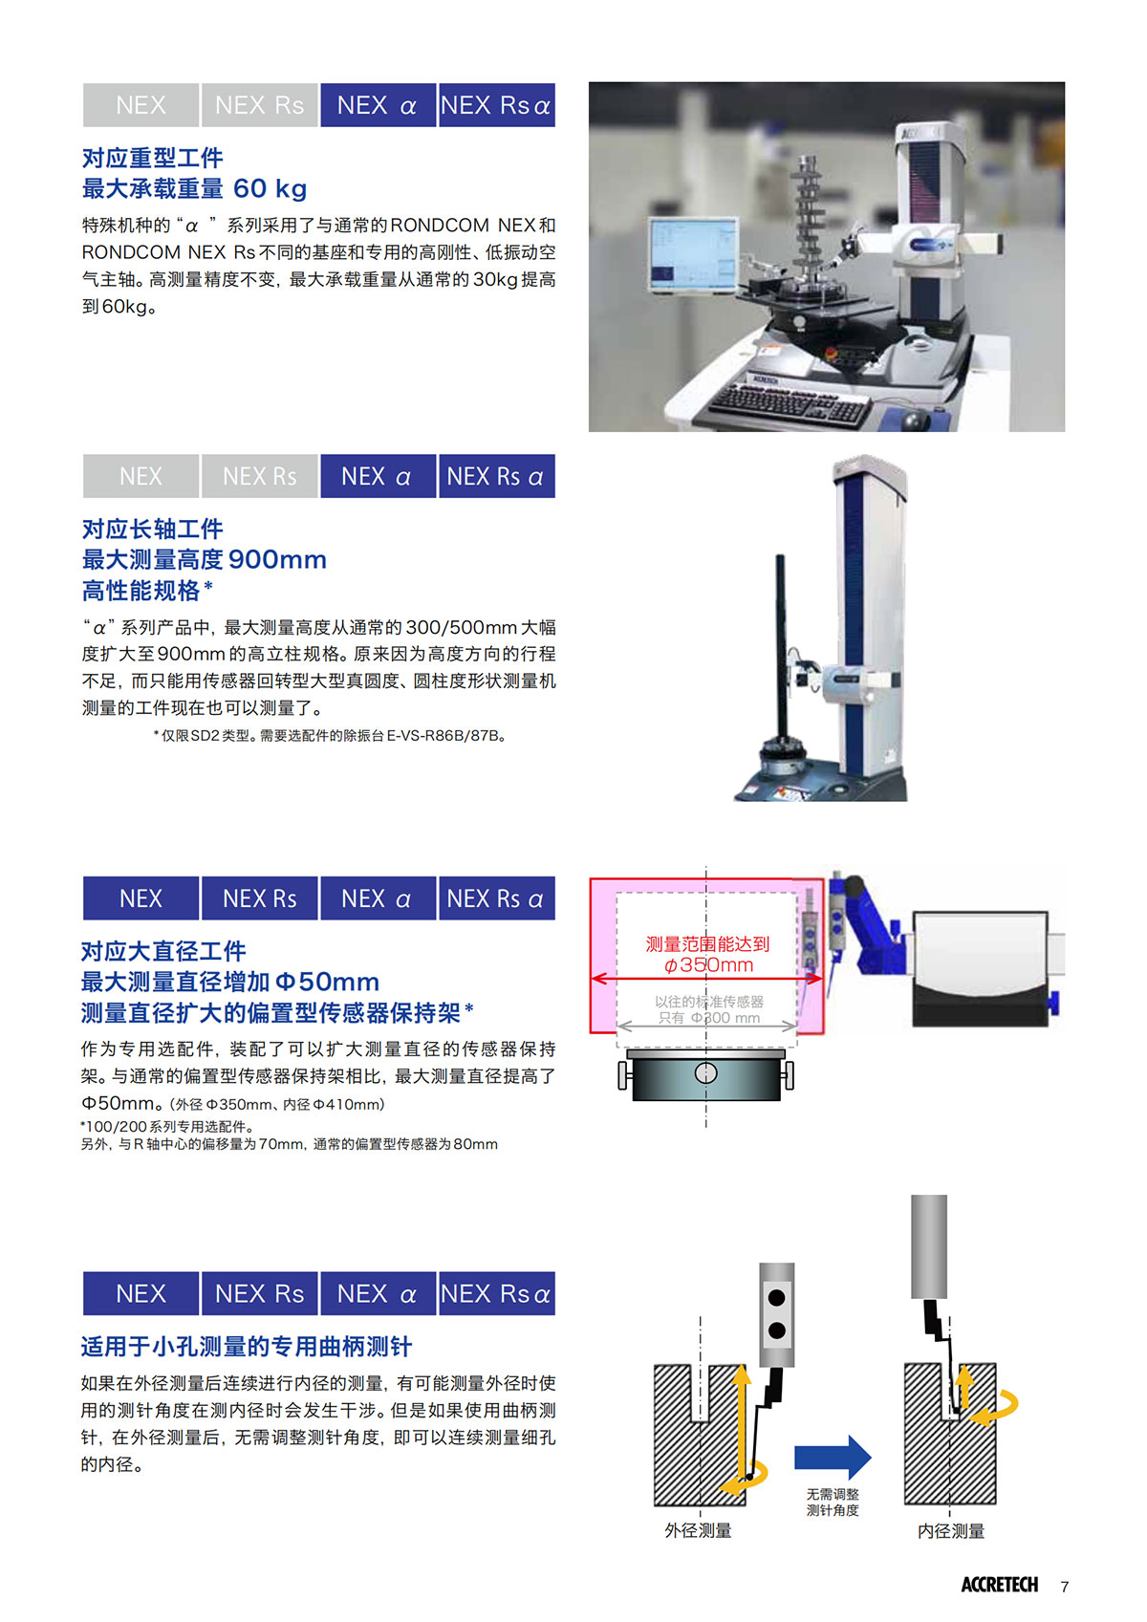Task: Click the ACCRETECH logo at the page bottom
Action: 999,1585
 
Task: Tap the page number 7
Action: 1064,1586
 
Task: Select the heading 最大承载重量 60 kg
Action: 194,188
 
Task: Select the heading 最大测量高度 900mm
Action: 204,559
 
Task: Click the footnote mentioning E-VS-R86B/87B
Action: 330,735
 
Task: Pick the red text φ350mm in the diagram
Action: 708,964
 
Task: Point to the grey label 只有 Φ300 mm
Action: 709,1017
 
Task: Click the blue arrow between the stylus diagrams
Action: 832,1457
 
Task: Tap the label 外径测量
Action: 698,1530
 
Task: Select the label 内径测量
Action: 951,1531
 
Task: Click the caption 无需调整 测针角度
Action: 832,1502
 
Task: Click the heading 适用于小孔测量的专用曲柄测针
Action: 247,1346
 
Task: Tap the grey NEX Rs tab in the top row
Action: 259,105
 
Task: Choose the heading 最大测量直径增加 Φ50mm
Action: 230,982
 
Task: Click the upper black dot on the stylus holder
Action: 776,1297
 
